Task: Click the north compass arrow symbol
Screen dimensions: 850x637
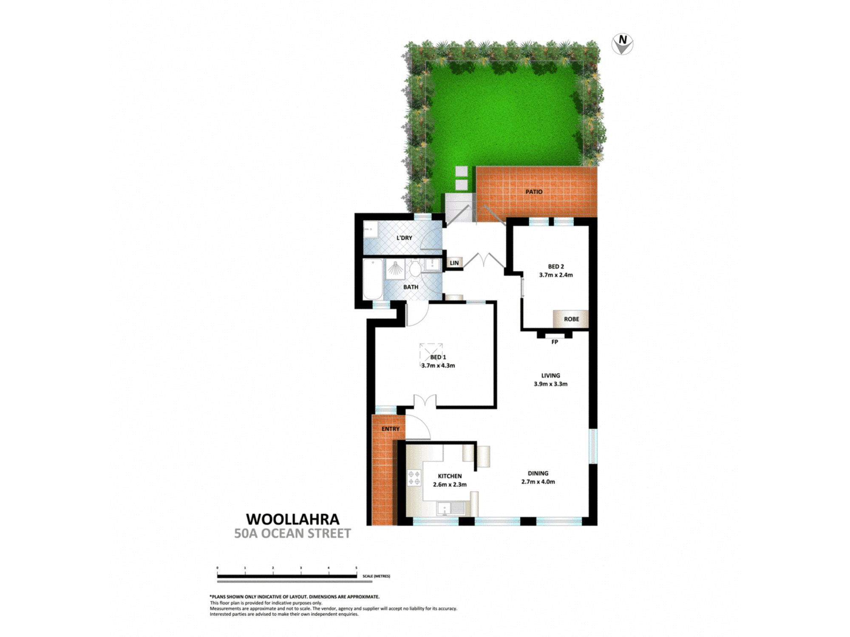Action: coord(622,44)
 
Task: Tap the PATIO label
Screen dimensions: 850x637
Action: coord(534,192)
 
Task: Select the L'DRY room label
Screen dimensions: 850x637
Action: coord(404,238)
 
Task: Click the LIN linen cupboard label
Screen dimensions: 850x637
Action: coord(454,263)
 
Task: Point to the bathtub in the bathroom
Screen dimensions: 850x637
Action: coord(373,279)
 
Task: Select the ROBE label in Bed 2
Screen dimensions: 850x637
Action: coord(572,319)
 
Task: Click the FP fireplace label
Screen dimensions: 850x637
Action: coord(555,342)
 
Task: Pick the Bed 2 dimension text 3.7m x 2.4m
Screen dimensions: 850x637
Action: coord(556,275)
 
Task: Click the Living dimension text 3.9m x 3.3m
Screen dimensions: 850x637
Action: coord(550,384)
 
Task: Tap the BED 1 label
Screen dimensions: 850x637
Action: coord(438,357)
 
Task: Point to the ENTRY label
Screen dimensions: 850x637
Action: coord(390,429)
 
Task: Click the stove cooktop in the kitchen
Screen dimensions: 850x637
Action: coord(414,477)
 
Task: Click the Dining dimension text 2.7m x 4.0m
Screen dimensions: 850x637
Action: coord(538,482)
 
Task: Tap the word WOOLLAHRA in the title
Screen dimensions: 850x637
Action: coord(293,519)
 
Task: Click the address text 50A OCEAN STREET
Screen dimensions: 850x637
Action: coord(292,533)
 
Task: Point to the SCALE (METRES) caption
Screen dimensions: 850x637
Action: coord(376,576)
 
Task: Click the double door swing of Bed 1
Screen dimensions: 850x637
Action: coord(425,401)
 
